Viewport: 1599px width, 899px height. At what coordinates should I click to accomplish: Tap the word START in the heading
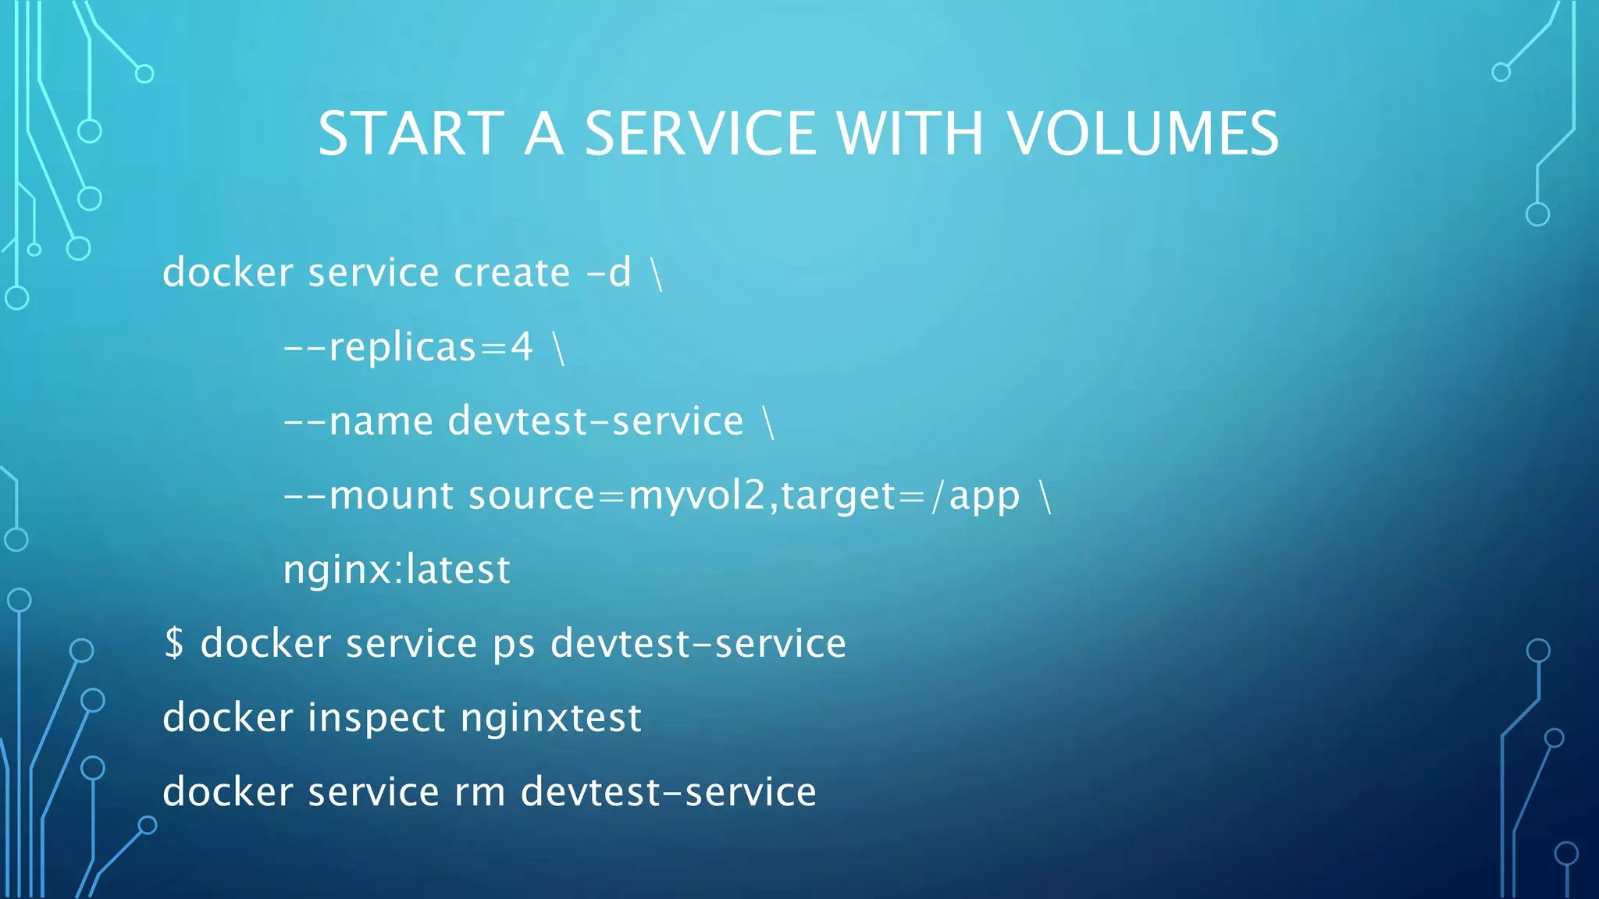click(411, 133)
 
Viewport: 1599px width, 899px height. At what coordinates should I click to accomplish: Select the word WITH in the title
click(910, 133)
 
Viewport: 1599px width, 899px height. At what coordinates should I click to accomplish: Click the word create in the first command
click(512, 272)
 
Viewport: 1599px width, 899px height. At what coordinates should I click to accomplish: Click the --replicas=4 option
click(408, 346)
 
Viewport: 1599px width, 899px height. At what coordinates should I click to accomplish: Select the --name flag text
click(358, 421)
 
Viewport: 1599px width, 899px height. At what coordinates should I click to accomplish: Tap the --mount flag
click(368, 496)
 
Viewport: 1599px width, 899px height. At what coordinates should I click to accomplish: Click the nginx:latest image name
click(396, 570)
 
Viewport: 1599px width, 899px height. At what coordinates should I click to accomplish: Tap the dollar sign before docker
click(174, 643)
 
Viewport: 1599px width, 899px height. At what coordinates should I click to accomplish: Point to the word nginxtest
click(550, 719)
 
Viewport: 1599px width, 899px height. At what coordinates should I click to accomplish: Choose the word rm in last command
click(479, 792)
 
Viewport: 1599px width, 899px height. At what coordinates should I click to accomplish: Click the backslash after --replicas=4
click(558, 348)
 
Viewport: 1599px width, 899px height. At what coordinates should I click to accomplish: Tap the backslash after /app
click(1046, 496)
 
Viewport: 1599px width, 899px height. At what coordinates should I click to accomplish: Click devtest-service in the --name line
click(596, 421)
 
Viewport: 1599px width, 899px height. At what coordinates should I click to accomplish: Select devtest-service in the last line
click(668, 792)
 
